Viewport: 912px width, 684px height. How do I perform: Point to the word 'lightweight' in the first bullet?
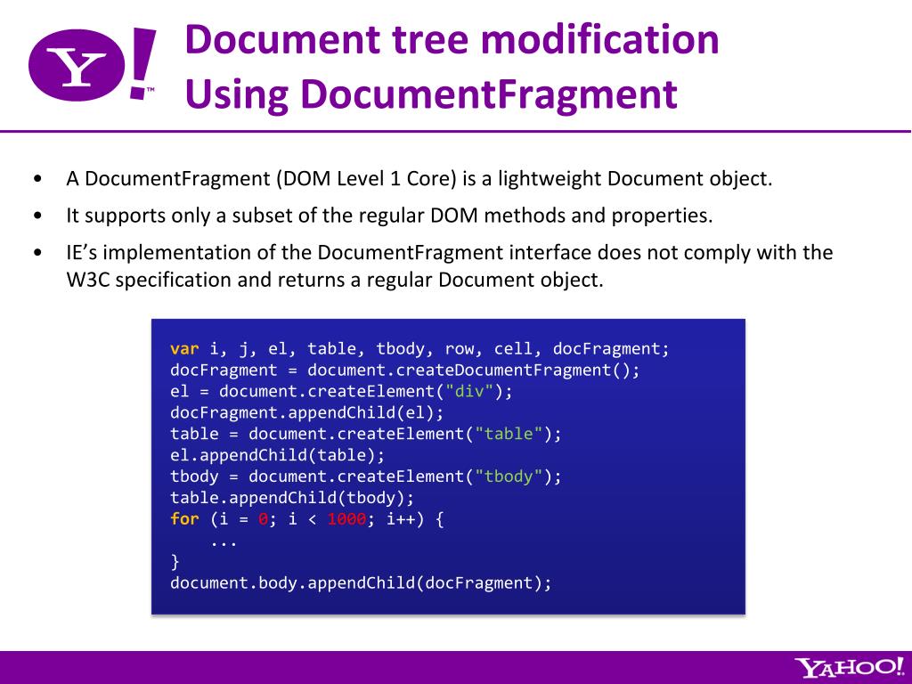click(550, 178)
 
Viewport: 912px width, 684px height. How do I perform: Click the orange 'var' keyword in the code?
click(184, 349)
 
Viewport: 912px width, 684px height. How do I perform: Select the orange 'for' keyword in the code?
click(184, 519)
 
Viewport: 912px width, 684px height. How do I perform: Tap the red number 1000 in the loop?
click(346, 519)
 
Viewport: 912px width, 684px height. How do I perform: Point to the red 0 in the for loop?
click(263, 519)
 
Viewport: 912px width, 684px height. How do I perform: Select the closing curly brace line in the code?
click(175, 562)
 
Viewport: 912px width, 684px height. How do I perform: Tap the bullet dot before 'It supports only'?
click(37, 216)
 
